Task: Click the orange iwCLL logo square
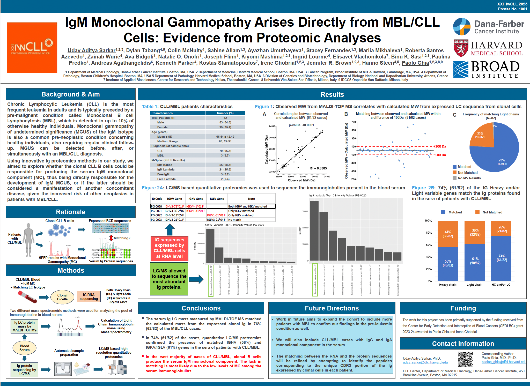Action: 32,47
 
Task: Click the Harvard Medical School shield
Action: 461,48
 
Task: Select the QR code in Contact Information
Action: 465,359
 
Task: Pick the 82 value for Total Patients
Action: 225,118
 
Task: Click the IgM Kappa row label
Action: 165,165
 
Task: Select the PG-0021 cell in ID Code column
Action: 156,211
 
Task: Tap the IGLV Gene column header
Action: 217,199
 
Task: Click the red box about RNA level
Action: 170,248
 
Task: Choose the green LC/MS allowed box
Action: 169,279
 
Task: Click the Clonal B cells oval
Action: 62,297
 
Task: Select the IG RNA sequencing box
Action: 89,296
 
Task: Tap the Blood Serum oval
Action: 24,348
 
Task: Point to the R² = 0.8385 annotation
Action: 318,168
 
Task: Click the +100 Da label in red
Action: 440,146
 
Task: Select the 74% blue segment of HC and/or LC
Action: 501,258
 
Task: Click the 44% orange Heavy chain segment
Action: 448,234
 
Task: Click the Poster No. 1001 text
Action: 512,9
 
